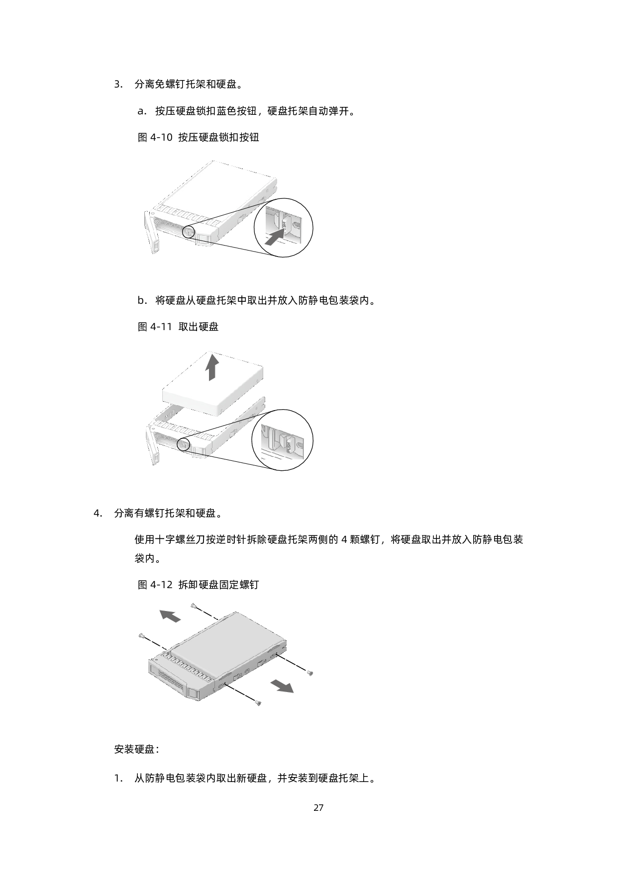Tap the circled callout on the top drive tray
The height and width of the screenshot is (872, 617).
tap(189, 231)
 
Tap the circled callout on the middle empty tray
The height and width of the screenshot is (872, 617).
tap(184, 443)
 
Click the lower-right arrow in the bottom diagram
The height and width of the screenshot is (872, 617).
tap(282, 686)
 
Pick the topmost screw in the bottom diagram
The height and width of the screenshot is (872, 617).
tap(194, 606)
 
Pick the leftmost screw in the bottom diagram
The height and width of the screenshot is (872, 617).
tap(141, 635)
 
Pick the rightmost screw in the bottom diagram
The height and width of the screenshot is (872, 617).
tap(309, 673)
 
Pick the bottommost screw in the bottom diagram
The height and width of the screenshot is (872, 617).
tap(258, 702)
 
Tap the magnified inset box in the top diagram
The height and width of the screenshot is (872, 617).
tap(284, 224)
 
